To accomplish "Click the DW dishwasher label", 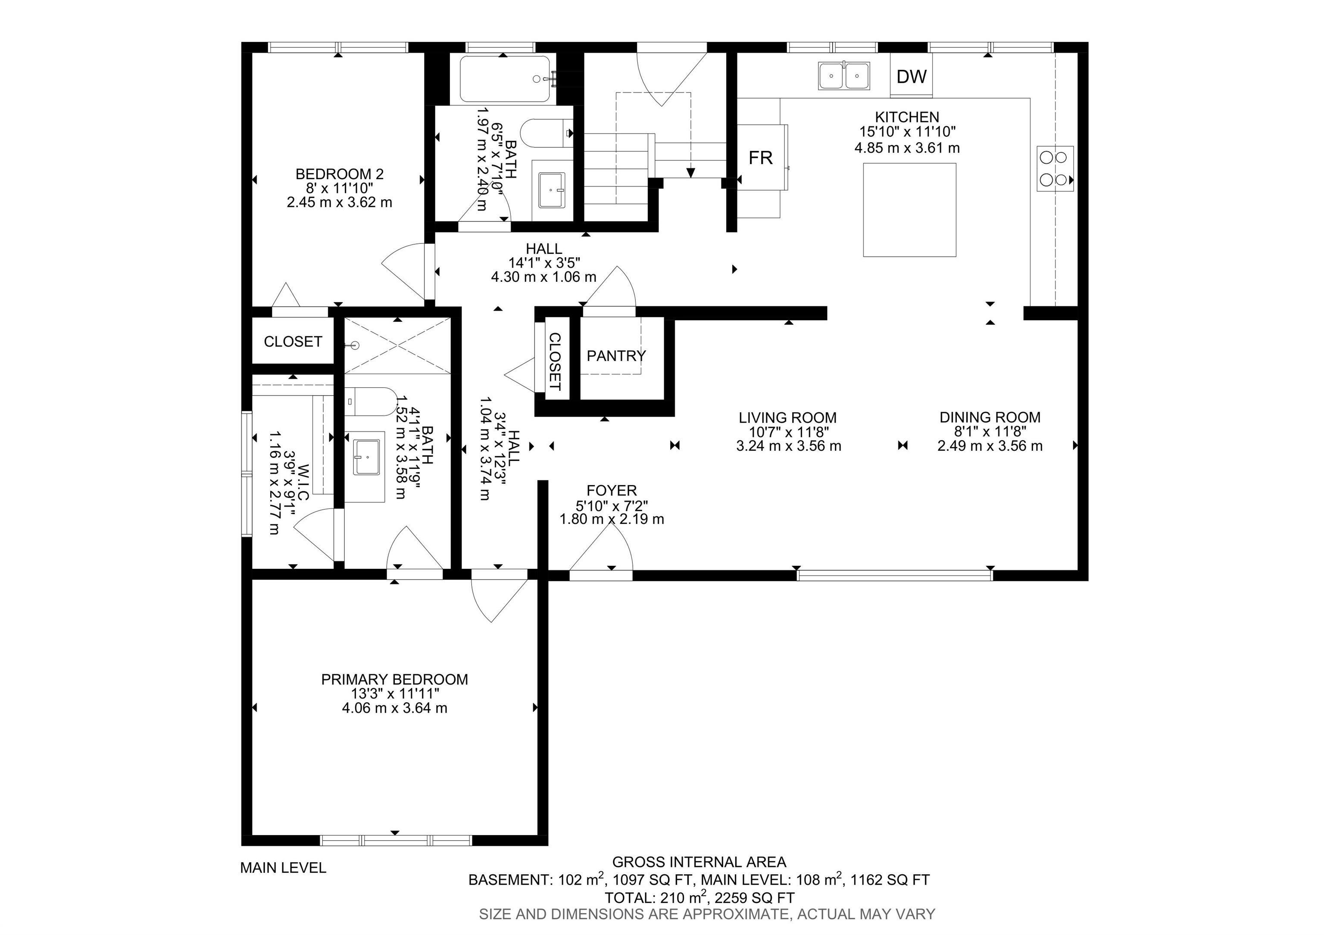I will (x=911, y=76).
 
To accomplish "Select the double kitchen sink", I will (x=843, y=76).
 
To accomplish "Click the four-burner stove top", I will (x=1055, y=168).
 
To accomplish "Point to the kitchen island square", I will (x=909, y=209).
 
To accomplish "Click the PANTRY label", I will (x=616, y=355).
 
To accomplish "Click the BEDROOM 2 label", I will (x=339, y=174).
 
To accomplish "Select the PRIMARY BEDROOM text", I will (x=394, y=679).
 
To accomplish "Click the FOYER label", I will (x=611, y=491).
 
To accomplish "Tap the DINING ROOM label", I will (x=990, y=418).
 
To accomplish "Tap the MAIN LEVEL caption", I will (x=283, y=867).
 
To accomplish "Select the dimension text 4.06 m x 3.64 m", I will (x=394, y=708).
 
